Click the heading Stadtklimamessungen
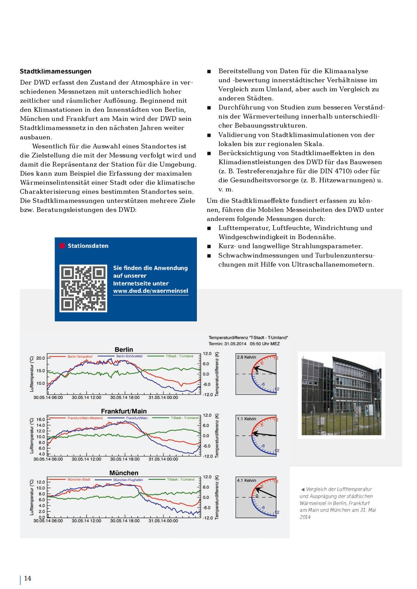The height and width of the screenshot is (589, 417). (x=55, y=72)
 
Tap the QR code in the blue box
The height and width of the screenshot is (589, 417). (x=83, y=288)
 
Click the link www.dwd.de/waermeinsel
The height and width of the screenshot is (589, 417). (x=151, y=291)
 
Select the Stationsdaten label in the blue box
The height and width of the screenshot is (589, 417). (x=88, y=246)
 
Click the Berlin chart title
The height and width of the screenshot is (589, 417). (x=124, y=349)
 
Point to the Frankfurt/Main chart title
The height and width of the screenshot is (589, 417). (x=124, y=411)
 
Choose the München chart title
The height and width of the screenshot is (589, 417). (x=124, y=473)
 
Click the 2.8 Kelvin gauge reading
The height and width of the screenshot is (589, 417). (x=246, y=357)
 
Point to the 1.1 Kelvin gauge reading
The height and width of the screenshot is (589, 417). (x=246, y=419)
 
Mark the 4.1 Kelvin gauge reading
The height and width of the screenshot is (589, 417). (x=246, y=481)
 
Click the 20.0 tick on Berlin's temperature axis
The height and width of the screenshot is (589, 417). (x=40, y=358)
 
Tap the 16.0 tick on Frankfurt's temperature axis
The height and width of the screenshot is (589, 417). (x=40, y=420)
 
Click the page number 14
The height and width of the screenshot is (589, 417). (x=28, y=578)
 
